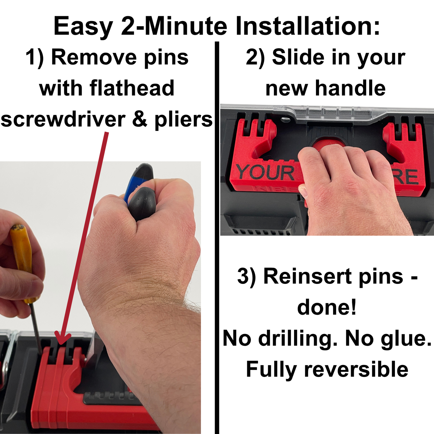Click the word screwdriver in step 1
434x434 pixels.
coord(63,119)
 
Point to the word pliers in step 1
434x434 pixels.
coord(184,120)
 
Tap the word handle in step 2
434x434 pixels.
coord(350,88)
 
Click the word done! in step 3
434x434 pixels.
coord(327,307)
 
